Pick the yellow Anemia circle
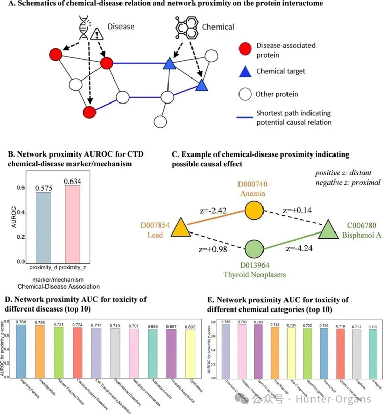pyautogui.click(x=253, y=210)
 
